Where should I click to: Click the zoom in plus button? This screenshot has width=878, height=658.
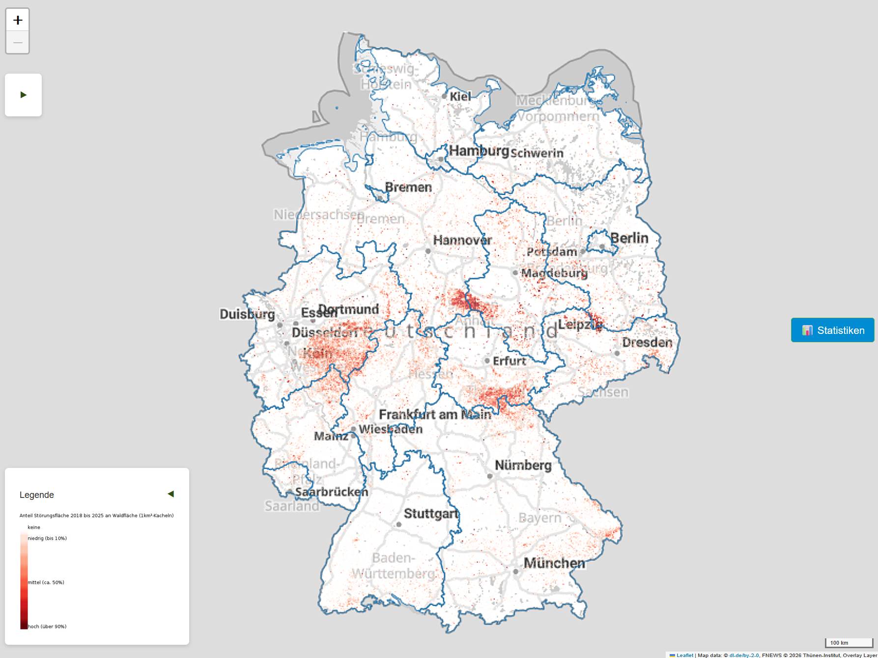click(x=18, y=20)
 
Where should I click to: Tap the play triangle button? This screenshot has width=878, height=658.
click(x=23, y=95)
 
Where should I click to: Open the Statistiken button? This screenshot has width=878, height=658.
click(x=832, y=330)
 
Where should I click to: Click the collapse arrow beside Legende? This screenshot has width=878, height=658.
click(x=170, y=494)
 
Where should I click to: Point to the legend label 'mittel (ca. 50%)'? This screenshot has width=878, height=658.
click(x=46, y=582)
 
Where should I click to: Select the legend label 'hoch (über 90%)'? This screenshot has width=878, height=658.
click(x=47, y=627)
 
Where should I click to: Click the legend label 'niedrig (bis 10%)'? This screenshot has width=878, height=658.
click(x=47, y=538)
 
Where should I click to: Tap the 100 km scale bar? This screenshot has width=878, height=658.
click(x=849, y=643)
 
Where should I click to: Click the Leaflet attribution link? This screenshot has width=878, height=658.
click(x=684, y=655)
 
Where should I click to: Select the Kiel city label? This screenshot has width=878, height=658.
click(x=460, y=97)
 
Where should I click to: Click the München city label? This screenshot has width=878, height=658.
click(x=554, y=563)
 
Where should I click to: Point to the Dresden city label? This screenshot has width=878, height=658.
click(x=647, y=343)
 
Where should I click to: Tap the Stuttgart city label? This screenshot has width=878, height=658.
click(x=431, y=514)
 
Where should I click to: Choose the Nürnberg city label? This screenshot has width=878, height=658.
click(x=523, y=465)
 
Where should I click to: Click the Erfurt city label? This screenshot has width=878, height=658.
click(x=509, y=361)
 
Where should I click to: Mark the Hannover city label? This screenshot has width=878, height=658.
click(x=462, y=241)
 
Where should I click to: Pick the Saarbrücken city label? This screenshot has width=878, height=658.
click(x=331, y=492)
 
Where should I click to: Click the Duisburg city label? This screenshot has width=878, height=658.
click(x=247, y=314)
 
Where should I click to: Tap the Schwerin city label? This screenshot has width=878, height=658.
click(x=537, y=153)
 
